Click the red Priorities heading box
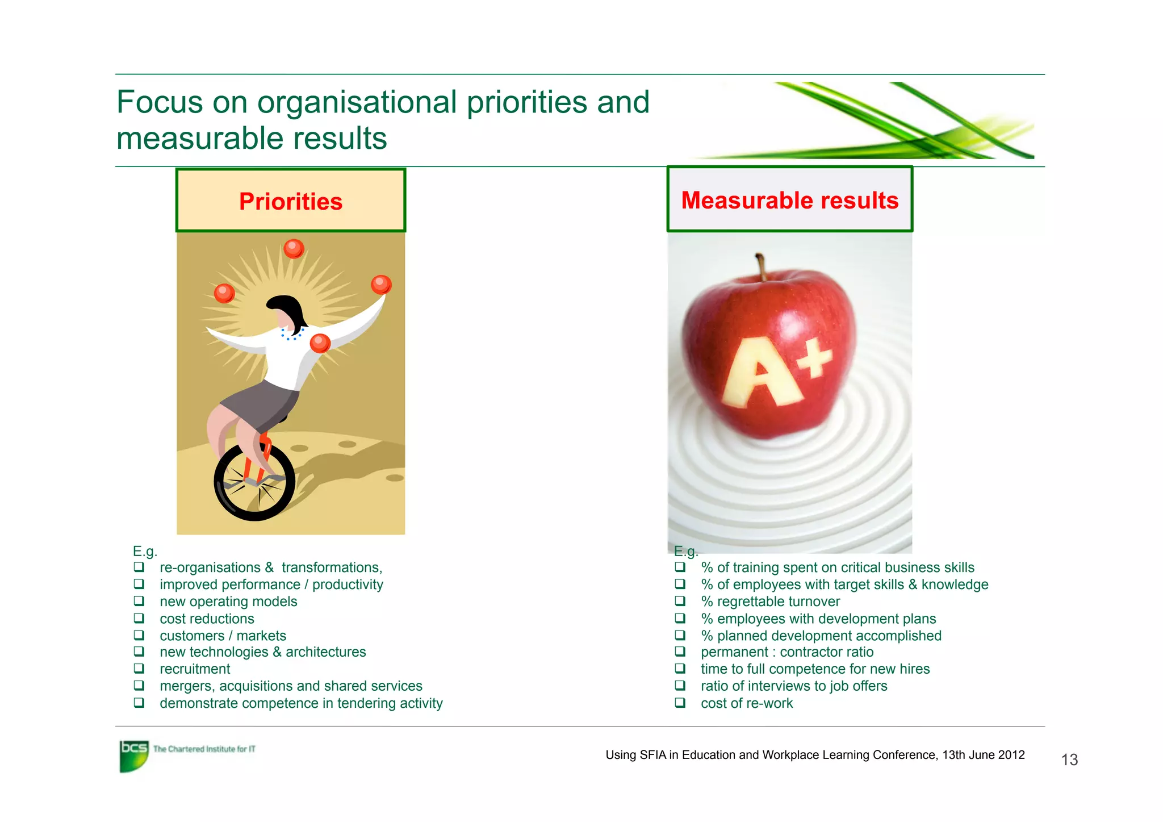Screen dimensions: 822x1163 pos(291,201)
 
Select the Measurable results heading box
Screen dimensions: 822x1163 pos(789,200)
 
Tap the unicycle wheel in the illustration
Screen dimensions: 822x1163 pos(254,482)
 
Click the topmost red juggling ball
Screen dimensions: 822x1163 pos(294,248)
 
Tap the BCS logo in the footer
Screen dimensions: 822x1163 pos(134,755)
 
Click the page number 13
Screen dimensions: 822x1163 pos(1069,760)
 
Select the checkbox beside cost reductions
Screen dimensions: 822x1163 pos(139,618)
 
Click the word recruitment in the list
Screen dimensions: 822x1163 pos(195,669)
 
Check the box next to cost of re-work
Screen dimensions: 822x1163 pos(680,703)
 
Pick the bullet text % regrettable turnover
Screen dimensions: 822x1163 pos(770,602)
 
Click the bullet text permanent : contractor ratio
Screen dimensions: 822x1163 pos(787,652)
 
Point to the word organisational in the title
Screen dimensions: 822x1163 pos(357,103)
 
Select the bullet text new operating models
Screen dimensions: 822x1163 pos(228,602)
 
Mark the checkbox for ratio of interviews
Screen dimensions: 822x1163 pos(680,686)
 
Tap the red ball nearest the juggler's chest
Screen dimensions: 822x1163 pos(320,343)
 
